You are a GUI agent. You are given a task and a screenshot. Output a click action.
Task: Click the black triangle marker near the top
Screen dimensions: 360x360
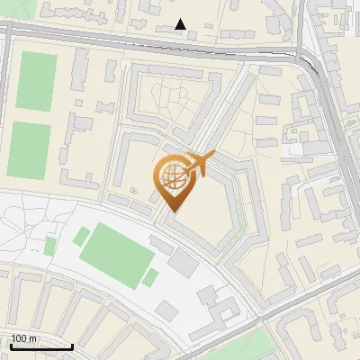[181, 24]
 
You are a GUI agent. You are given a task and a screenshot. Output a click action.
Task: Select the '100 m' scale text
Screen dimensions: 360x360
[24, 338]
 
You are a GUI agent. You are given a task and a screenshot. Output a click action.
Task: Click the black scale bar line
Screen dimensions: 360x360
[40, 346]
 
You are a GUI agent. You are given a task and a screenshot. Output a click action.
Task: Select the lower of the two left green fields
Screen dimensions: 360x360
[30, 148]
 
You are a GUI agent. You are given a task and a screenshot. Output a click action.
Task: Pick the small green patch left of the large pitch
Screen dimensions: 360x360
[82, 237]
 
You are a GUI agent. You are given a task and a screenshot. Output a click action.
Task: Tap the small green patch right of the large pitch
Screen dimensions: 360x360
[150, 277]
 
